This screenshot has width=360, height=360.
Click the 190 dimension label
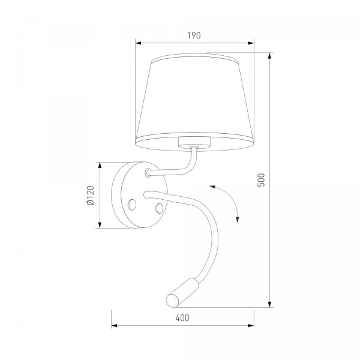pyautogui.click(x=194, y=35)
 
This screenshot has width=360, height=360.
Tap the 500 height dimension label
pyautogui.click(x=261, y=180)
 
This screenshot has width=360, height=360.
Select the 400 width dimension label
pyautogui.click(x=182, y=318)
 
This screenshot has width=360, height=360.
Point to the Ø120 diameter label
pyautogui.click(x=91, y=195)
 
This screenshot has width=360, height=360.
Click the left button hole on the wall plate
pyautogui.click(x=132, y=204)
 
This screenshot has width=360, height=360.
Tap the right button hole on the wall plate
pyautogui.click(x=159, y=208)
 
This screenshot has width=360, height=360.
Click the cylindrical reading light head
pyautogui.click(x=182, y=293)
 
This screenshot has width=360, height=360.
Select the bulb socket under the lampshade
pyautogui.click(x=194, y=142)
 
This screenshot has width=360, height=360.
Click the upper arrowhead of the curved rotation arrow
pyautogui.click(x=212, y=187)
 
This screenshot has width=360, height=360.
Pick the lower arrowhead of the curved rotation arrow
pyautogui.click(x=238, y=220)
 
